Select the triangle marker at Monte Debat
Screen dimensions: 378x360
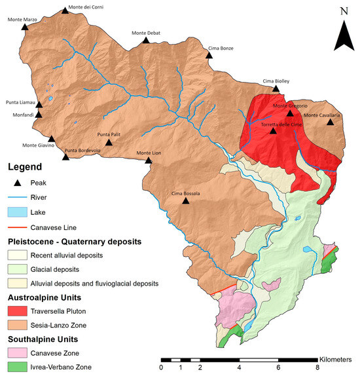tap(146, 41)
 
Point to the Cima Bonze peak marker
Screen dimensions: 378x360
tap(209, 56)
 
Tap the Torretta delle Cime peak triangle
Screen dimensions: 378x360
tap(274, 130)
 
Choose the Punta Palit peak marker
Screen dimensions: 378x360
tap(109, 142)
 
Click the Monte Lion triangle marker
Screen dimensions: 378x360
tap(148, 160)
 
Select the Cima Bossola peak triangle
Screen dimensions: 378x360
tap(186, 201)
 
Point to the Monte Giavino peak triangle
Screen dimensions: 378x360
tap(52, 139)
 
